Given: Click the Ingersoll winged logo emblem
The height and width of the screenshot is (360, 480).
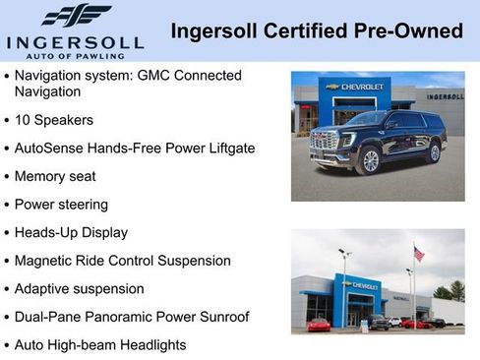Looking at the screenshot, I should coord(76,16).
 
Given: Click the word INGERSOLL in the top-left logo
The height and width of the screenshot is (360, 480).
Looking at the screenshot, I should coord(75,41).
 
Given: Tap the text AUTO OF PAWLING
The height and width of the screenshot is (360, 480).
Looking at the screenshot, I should coord(77,55).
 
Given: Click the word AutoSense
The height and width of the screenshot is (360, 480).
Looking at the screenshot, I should coord(48,149).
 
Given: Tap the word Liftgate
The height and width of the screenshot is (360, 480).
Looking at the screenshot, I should coord(226,149).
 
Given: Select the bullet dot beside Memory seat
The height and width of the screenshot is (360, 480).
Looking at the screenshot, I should coord(7,177).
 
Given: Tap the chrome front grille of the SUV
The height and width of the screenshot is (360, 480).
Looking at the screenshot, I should coord(324,143).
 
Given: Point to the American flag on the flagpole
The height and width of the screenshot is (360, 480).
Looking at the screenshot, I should coord(419,254).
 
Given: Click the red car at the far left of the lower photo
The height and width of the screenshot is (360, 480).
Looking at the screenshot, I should coord(318,325).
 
